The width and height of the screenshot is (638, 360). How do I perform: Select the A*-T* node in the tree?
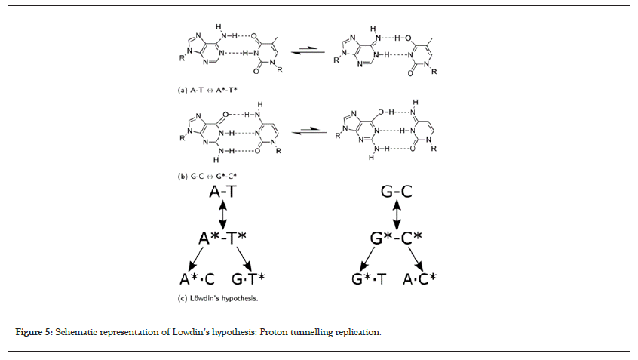point(223,238)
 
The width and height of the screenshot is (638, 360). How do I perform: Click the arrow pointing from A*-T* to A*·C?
point(198,258)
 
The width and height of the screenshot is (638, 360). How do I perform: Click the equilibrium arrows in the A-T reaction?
point(311,52)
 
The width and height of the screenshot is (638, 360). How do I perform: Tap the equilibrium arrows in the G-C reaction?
point(311,133)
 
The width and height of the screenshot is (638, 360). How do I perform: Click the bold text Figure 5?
point(34,333)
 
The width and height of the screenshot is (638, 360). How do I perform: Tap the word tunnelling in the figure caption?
point(306,333)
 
